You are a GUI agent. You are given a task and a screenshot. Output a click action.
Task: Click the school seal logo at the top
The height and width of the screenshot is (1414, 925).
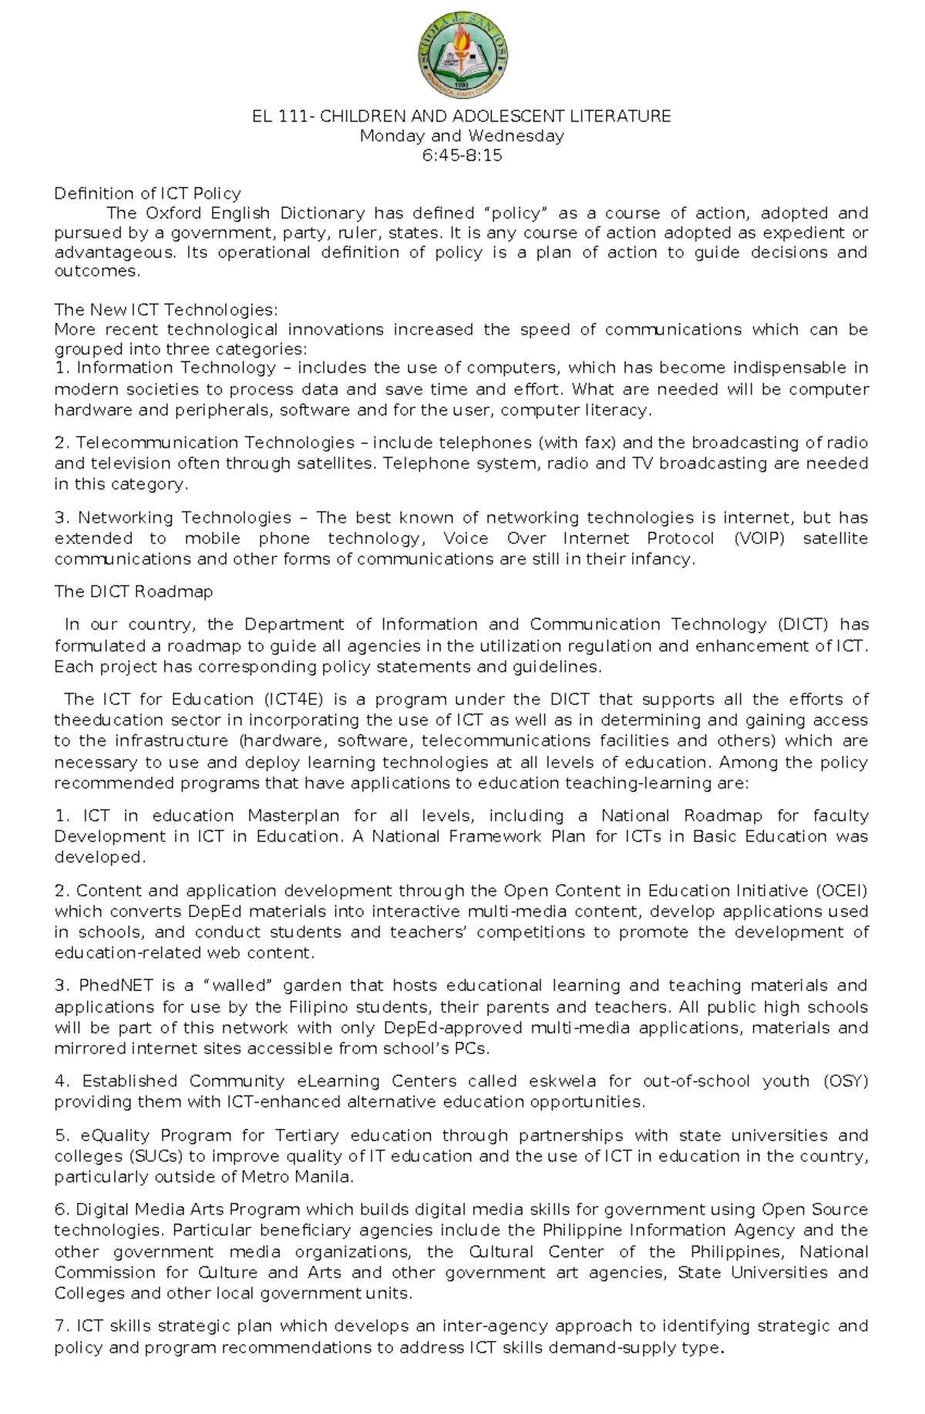coord(462,57)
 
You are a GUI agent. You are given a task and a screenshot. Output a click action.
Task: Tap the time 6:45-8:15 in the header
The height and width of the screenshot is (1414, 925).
coord(462,155)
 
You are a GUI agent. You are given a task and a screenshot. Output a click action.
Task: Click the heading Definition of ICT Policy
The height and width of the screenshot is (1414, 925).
coord(147,193)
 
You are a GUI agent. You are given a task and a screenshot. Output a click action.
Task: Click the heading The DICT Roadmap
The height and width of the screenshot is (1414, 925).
coord(133,592)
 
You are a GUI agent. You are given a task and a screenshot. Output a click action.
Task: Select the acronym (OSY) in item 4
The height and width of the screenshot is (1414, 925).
coord(846,1081)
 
